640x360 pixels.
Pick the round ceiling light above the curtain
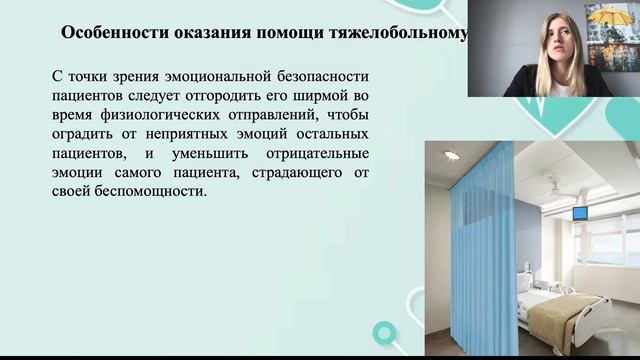point(451,157)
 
